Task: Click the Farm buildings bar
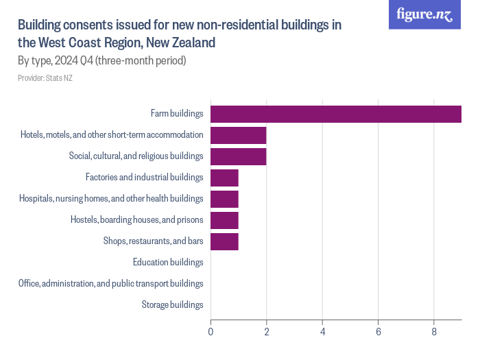335,114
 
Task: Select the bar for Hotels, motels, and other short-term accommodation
238,135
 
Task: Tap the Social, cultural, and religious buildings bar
238,156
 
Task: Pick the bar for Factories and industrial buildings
224,178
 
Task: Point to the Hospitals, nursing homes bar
224,199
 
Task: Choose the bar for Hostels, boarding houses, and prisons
224,220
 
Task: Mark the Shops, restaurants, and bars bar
224,241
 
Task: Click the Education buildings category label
168,262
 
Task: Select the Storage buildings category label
172,304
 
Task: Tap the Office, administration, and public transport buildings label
111,283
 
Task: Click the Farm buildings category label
177,113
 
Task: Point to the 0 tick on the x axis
211,332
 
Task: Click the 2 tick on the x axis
266,332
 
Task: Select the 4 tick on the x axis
322,332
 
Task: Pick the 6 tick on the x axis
378,332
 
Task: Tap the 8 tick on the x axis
434,332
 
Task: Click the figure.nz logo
424,15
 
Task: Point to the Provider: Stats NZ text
45,78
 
